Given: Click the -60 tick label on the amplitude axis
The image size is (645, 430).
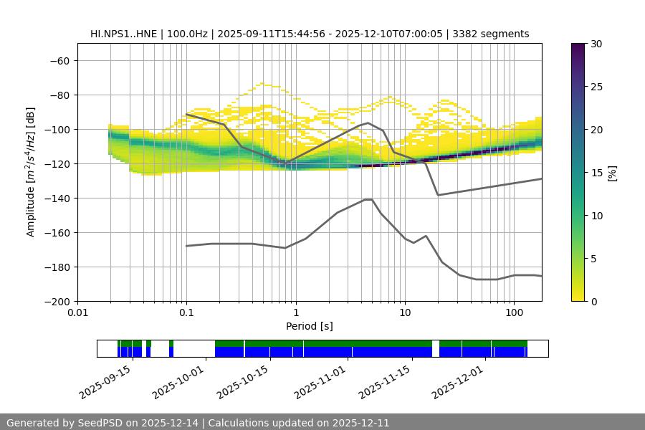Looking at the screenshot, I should [x=59, y=61].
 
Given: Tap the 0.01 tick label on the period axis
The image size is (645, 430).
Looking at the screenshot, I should [x=77, y=314].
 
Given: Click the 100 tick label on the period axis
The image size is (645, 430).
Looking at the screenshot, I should [x=514, y=314].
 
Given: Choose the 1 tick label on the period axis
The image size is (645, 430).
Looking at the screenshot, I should [x=295, y=314].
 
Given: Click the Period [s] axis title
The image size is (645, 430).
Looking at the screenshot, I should [x=310, y=326].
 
